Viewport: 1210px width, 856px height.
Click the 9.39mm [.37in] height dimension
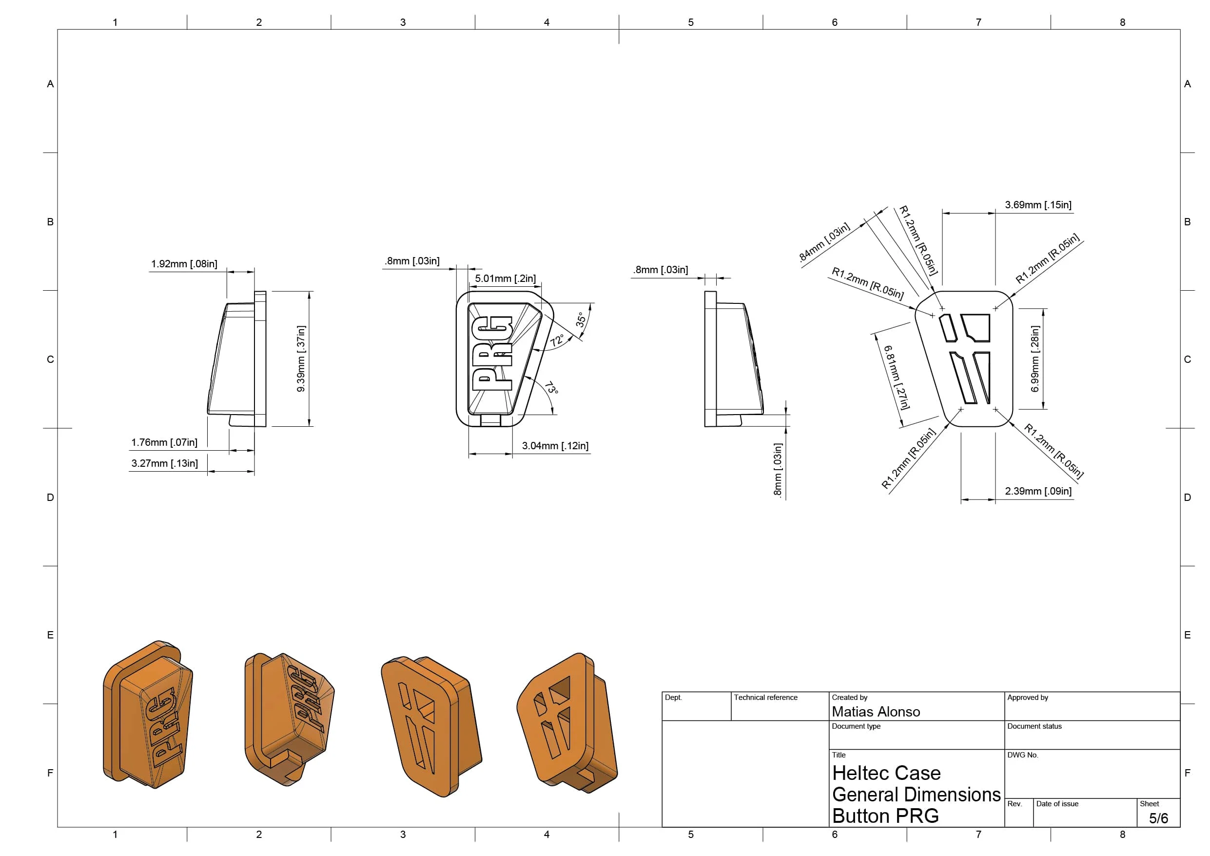pos(301,358)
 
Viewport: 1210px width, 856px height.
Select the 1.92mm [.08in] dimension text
pos(184,264)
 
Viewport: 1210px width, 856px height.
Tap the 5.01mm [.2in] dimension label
pos(505,279)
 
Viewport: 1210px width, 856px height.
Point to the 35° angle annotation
pos(580,319)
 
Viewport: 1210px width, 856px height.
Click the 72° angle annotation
pos(557,339)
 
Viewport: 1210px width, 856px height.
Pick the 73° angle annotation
pos(551,388)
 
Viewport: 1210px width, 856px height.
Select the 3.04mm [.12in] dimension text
pos(555,446)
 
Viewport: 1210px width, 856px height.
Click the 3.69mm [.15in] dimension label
pos(1038,205)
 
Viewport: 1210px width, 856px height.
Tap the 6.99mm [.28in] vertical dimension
pos(1035,358)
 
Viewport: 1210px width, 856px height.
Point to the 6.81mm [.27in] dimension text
pos(896,377)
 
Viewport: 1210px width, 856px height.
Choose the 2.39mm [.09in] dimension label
pos(1038,491)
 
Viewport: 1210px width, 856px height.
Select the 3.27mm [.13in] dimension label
pos(164,463)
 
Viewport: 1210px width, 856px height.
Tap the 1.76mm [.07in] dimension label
pos(164,442)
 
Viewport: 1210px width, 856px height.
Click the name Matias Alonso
pos(876,712)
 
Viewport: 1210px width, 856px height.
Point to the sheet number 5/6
pos(1158,818)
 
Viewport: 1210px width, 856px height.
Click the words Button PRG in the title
pos(885,816)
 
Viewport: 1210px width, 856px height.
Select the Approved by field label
pos(1027,697)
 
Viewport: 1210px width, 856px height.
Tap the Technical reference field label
pos(765,697)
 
